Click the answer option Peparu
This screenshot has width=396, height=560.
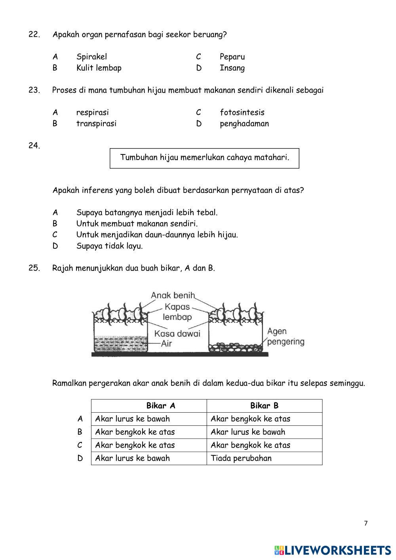point(232,57)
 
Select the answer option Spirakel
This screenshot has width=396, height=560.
point(91,57)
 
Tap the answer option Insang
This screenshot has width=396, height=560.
point(232,68)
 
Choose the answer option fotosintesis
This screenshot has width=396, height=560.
point(242,112)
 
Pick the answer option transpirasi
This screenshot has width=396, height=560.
point(96,124)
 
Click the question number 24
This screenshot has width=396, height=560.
point(34,145)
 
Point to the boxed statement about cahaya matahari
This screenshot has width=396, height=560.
point(204,158)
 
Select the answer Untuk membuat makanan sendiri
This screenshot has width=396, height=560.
point(137,223)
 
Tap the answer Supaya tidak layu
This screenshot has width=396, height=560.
point(109,246)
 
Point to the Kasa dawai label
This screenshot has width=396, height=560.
point(177,333)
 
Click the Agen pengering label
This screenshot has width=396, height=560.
point(285,336)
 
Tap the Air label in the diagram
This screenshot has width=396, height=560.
point(167,343)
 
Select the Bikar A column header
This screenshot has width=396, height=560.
point(160,406)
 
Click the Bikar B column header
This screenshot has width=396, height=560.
point(264,406)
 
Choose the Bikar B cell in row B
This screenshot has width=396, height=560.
point(247,432)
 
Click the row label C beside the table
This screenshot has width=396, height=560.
point(80,445)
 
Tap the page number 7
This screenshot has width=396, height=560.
point(366,523)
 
